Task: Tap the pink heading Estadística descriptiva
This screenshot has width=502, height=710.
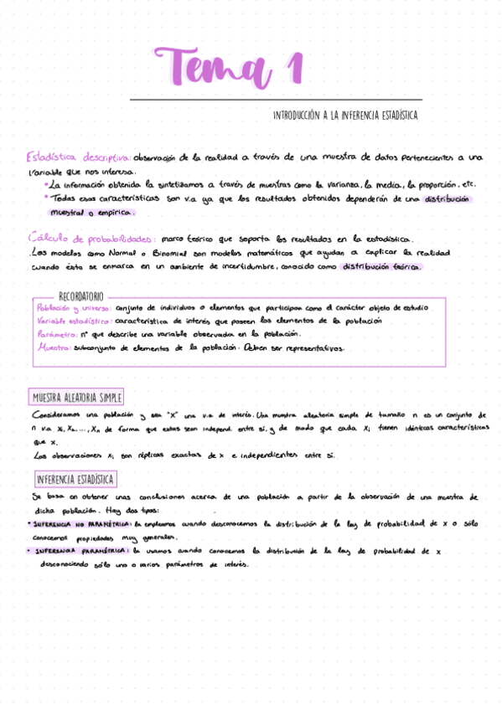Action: [77, 157]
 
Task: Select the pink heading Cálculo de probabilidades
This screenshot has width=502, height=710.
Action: [91, 239]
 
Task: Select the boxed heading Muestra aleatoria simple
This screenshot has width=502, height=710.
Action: [76, 398]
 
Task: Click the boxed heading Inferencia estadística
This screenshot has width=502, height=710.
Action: [75, 480]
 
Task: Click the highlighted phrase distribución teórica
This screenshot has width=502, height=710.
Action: [386, 267]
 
